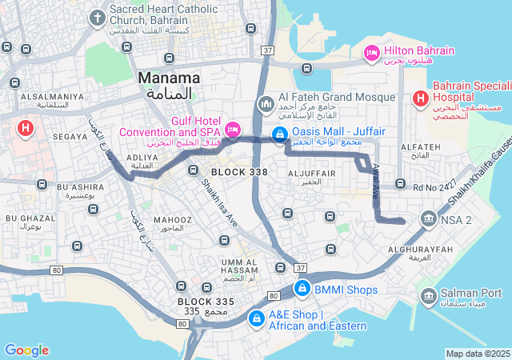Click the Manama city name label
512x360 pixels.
(169, 78)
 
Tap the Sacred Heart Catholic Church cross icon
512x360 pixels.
(98, 17)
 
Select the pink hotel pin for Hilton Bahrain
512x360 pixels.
(371, 53)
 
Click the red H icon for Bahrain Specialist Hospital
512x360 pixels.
(419, 98)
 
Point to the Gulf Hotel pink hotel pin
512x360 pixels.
(233, 129)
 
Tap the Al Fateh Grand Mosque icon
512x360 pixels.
(266, 104)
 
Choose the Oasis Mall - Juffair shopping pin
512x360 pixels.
(279, 135)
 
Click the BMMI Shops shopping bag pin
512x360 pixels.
(302, 288)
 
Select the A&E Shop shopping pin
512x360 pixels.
(255, 318)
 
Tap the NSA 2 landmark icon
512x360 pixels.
(428, 219)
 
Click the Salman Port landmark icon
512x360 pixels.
(428, 297)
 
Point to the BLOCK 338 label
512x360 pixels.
(239, 172)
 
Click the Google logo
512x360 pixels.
(26, 350)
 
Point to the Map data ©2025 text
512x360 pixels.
(478, 354)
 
